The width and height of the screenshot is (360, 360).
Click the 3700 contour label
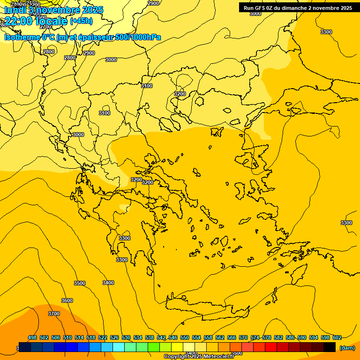[x=54, y=314]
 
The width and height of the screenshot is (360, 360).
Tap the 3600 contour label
[x=67, y=300]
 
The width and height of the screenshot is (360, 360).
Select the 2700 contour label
[x=45, y=27]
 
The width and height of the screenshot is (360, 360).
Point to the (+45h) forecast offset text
[x=81, y=21]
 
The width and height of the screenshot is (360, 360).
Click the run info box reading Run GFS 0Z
[x=298, y=7]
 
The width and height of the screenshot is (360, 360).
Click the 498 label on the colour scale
[x=32, y=337]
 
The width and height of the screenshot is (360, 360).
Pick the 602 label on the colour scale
[x=337, y=337]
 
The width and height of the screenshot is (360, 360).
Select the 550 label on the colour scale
[x=185, y=337]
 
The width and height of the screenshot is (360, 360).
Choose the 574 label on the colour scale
[x=255, y=337]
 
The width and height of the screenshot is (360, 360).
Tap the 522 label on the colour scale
[x=103, y=337]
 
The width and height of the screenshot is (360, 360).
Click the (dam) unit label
[x=347, y=348]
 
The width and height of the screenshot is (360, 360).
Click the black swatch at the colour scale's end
[x=330, y=347]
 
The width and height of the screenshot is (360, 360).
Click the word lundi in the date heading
[x=15, y=9]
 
